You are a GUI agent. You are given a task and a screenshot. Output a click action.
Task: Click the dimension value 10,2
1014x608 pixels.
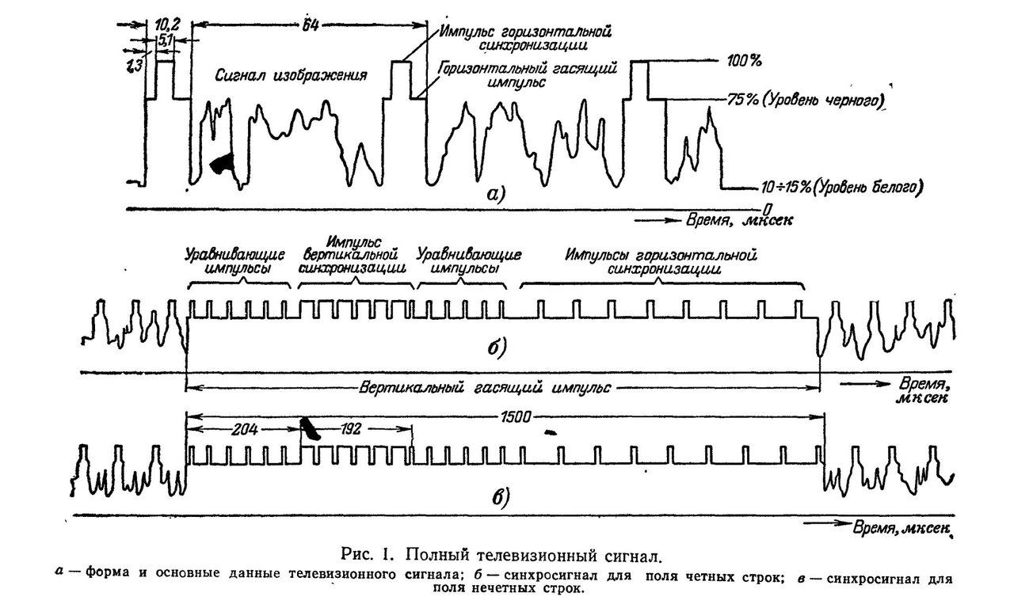click(x=166, y=24)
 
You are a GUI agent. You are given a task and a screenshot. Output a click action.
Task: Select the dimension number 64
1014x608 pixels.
click(x=310, y=25)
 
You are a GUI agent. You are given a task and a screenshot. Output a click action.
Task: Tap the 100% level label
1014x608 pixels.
click(x=744, y=61)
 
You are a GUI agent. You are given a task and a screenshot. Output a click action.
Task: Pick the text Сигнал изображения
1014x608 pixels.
click(x=291, y=75)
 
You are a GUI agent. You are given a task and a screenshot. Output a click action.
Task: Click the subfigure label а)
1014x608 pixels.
click(x=495, y=195)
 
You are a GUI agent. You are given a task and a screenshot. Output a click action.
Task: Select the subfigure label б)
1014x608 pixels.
click(x=497, y=347)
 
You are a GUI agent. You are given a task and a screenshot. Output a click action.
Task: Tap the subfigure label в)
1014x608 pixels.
click(x=501, y=497)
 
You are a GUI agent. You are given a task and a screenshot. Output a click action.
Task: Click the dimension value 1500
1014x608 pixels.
click(x=516, y=416)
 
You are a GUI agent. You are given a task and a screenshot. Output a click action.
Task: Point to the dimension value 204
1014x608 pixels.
click(x=245, y=429)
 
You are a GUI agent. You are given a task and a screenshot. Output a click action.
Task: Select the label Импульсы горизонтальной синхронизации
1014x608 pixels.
click(x=661, y=262)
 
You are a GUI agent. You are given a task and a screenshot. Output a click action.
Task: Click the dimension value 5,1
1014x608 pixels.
click(x=164, y=40)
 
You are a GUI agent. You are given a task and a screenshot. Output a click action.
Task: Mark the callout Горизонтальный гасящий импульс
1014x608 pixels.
click(x=528, y=75)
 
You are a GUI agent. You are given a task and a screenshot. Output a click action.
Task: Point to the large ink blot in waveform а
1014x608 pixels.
click(x=223, y=162)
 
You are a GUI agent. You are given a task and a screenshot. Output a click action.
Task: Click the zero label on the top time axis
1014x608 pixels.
click(x=767, y=209)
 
